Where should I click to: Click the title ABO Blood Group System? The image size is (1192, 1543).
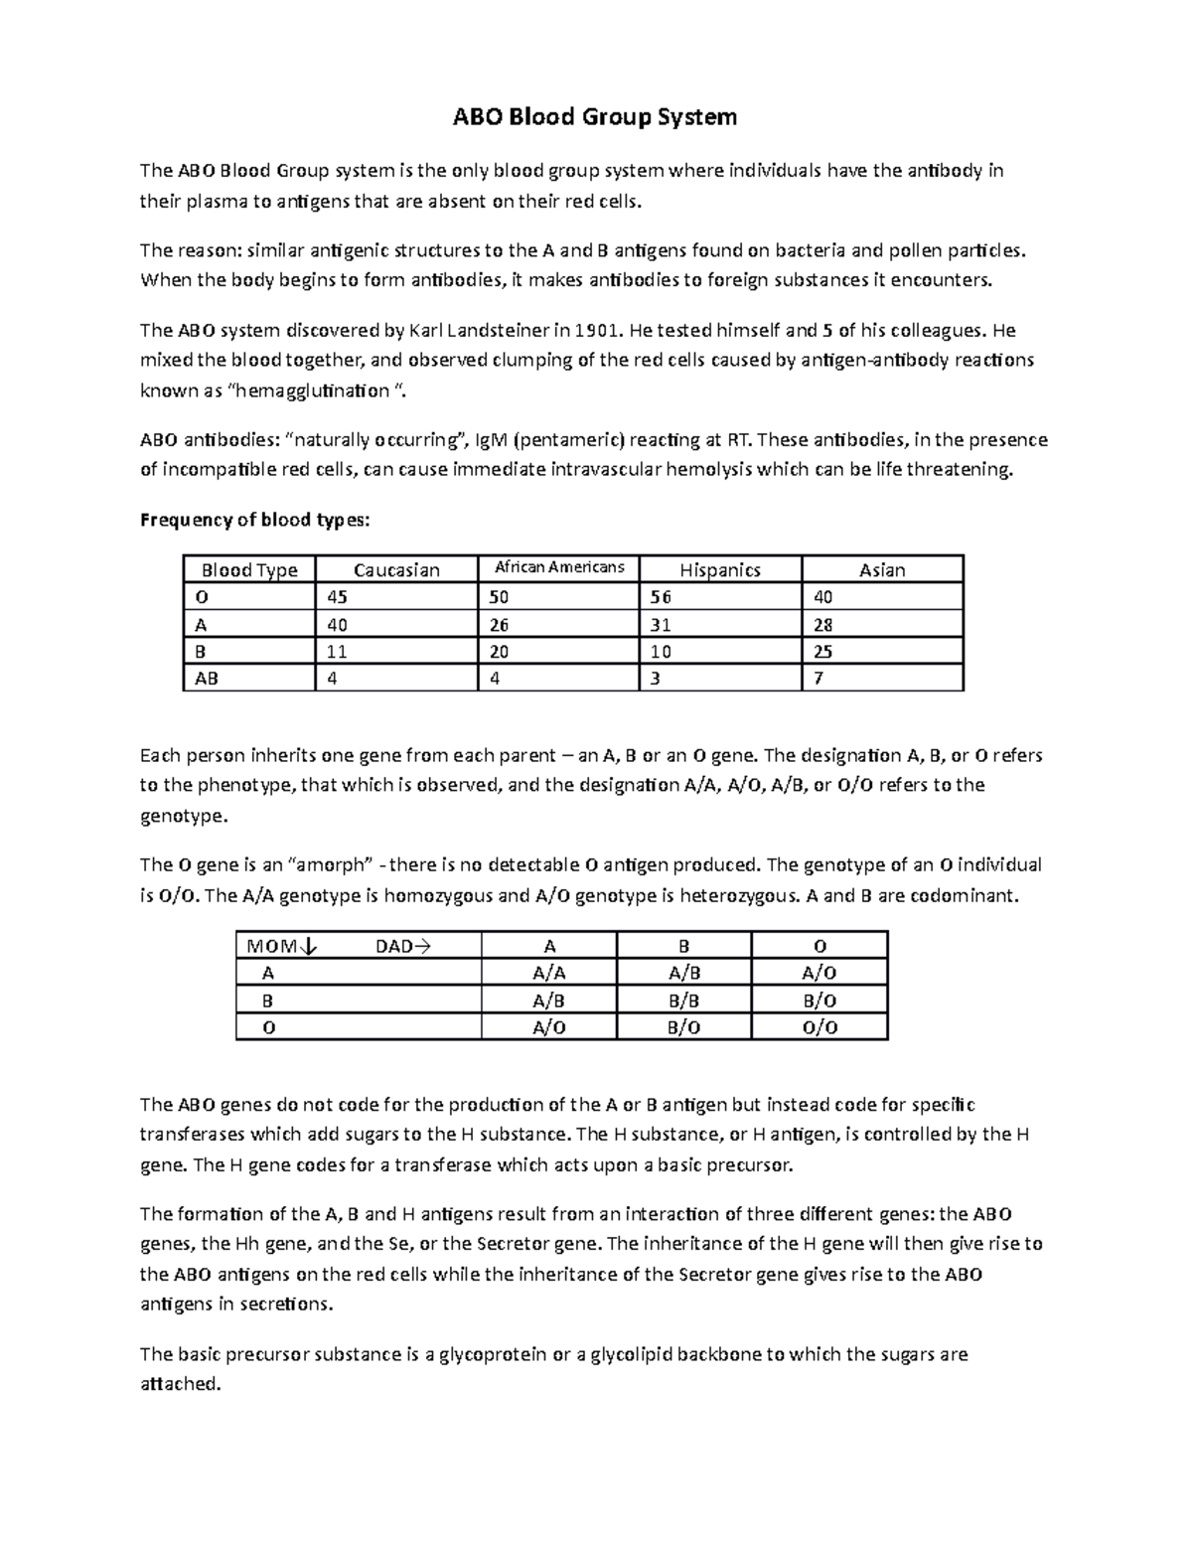[595, 117]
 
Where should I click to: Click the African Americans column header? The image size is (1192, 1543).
[559, 567]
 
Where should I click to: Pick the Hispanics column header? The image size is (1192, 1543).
[720, 569]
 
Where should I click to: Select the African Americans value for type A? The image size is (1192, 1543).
[499, 625]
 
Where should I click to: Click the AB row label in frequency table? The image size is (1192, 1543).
[207, 679]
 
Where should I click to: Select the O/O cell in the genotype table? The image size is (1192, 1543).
[819, 1027]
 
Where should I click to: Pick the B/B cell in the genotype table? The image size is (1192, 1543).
[683, 1001]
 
